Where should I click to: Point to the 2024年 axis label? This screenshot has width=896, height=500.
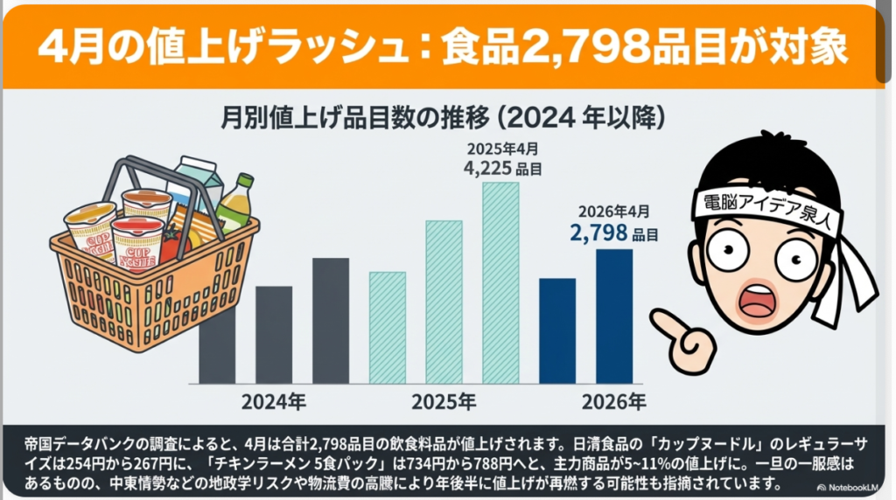[274, 403]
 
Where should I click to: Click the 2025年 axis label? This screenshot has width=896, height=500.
[444, 403]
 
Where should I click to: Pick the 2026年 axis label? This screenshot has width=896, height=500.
[614, 403]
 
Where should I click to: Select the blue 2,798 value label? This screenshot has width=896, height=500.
[598, 233]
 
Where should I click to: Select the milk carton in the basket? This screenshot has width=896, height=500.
[194, 180]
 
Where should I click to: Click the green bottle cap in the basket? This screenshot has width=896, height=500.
[245, 179]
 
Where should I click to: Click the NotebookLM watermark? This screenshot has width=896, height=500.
[853, 486]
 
